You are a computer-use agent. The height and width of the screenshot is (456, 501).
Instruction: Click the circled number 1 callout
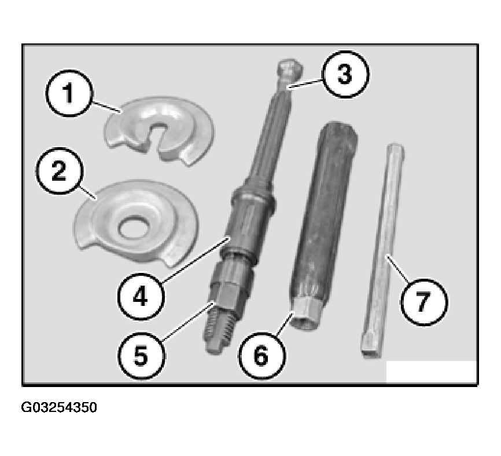(69, 93)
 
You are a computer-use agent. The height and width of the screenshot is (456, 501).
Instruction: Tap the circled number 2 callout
(59, 171)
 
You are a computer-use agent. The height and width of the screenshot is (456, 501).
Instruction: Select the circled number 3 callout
(345, 74)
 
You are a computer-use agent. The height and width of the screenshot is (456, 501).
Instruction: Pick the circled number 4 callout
(141, 296)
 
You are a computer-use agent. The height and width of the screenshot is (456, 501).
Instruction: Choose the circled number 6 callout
(261, 356)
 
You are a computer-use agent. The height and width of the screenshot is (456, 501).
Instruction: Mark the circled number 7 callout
(424, 302)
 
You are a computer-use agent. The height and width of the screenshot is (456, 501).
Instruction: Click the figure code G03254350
(59, 408)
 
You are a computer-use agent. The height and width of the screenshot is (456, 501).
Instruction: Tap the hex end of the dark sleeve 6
(306, 316)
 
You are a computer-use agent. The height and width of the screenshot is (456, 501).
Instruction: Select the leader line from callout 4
(196, 260)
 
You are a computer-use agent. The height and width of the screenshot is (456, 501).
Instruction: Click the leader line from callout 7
(397, 269)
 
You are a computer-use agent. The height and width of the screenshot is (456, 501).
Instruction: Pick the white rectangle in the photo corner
(431, 371)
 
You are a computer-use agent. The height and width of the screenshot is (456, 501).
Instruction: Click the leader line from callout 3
(306, 83)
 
